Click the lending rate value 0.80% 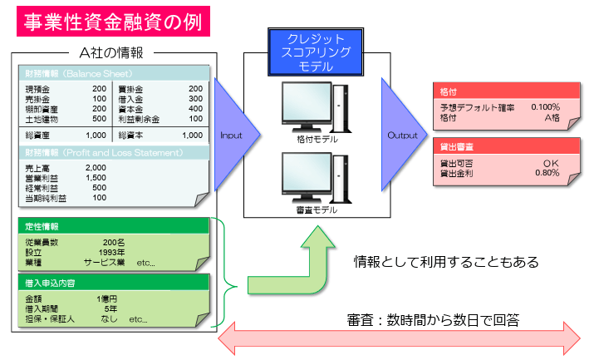[x=547, y=173]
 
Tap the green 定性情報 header [x=115, y=226]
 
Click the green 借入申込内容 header [x=115, y=284]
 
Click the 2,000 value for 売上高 [x=96, y=168]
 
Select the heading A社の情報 [x=111, y=52]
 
